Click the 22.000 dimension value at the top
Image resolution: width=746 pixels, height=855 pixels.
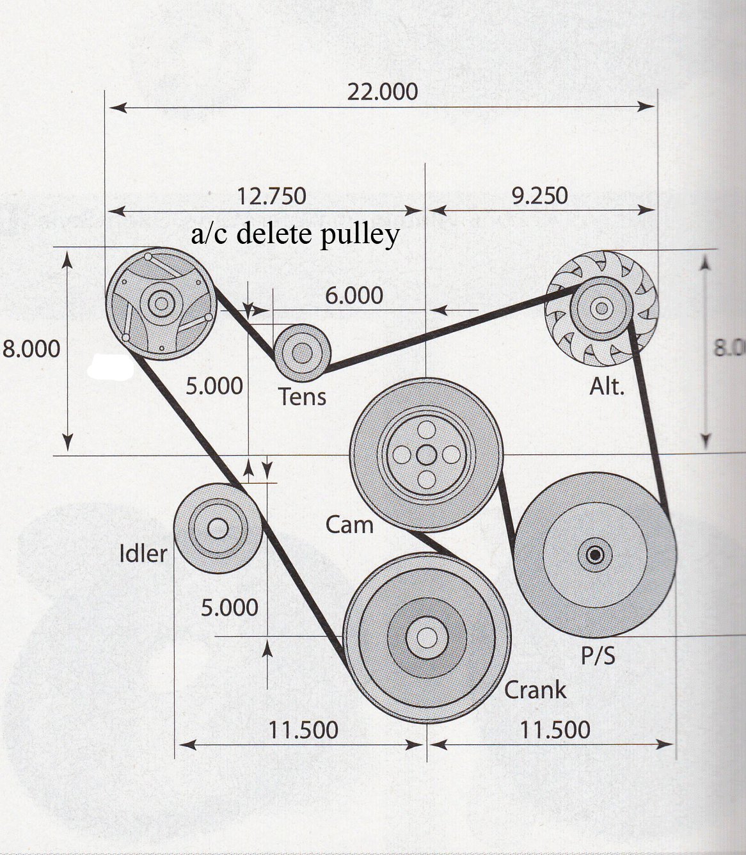pyautogui.click(x=382, y=92)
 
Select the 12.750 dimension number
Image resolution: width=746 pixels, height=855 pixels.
pyautogui.click(x=271, y=196)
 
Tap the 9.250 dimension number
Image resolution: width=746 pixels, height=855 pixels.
pyautogui.click(x=539, y=196)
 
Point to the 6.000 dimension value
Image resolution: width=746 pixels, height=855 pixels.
pyautogui.click(x=354, y=296)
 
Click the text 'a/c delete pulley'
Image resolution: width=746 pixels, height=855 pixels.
pyautogui.click(x=295, y=234)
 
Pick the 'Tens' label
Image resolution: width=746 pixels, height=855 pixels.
pyautogui.click(x=302, y=397)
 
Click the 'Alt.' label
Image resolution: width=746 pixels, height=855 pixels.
pyautogui.click(x=606, y=387)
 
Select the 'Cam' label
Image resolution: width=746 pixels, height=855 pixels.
pyautogui.click(x=349, y=525)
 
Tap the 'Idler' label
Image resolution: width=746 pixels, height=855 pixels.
pyautogui.click(x=143, y=554)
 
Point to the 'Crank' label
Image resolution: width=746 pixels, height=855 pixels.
pyautogui.click(x=535, y=691)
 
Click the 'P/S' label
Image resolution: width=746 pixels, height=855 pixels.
pyautogui.click(x=598, y=656)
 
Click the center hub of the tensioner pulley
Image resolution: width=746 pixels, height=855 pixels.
pyautogui.click(x=301, y=353)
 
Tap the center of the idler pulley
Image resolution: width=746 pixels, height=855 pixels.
pyautogui.click(x=218, y=529)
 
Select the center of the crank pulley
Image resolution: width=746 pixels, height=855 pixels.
pyautogui.click(x=426, y=638)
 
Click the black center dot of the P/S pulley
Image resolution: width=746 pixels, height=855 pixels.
pyautogui.click(x=595, y=554)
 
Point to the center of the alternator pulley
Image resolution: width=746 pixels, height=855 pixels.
pyautogui.click(x=601, y=308)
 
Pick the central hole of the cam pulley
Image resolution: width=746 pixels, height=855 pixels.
pyautogui.click(x=426, y=455)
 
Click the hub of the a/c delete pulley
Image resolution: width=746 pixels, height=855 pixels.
pyautogui.click(x=160, y=303)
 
